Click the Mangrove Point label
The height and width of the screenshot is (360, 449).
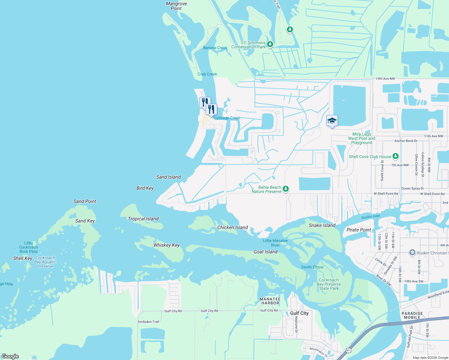click(x=176, y=6)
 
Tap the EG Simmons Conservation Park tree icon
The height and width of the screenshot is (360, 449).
click(x=270, y=44)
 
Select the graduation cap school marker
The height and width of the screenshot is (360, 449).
click(x=332, y=121)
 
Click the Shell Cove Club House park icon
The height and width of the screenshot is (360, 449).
click(x=395, y=156)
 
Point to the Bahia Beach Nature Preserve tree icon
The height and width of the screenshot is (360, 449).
click(x=286, y=189)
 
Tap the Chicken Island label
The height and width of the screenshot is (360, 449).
click(x=232, y=227)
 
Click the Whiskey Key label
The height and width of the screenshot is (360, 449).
click(x=166, y=245)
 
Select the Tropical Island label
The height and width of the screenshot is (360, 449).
click(x=143, y=219)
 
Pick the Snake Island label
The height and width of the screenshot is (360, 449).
click(x=322, y=225)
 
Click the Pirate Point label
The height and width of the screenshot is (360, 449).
click(x=359, y=230)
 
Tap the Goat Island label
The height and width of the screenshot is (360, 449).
click(x=265, y=252)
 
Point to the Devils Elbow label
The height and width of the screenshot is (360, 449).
click(x=312, y=267)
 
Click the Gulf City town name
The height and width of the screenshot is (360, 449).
click(x=299, y=313)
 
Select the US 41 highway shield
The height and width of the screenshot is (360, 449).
click(x=348, y=350)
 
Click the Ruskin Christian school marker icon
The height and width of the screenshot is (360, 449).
click(x=412, y=253)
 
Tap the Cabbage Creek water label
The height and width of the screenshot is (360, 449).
click(x=227, y=118)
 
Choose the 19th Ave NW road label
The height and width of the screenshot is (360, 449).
click(x=385, y=79)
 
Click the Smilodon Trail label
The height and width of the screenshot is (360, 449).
click(x=148, y=322)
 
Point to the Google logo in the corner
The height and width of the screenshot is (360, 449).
click(x=10, y=356)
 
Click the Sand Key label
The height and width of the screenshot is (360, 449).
click(x=85, y=221)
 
